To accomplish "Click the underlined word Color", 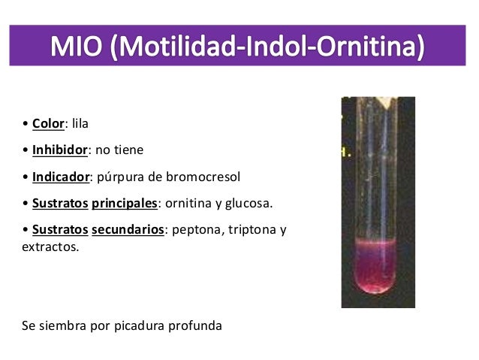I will [x=49, y=123].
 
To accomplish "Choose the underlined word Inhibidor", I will [x=60, y=150].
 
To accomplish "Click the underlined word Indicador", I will [x=61, y=177].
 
